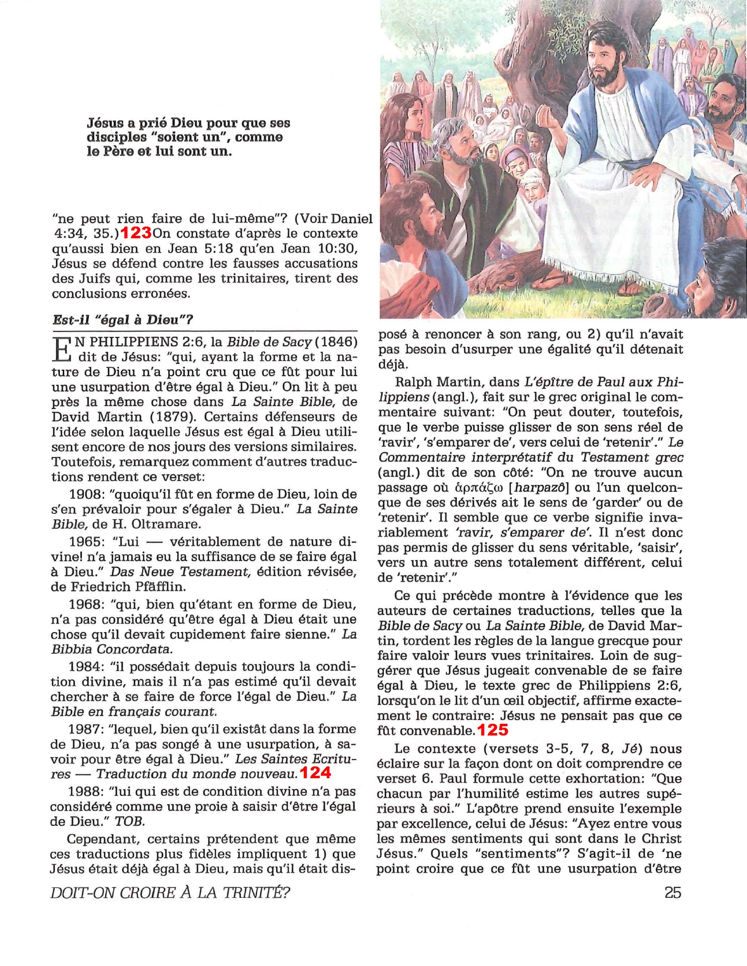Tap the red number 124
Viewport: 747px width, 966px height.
315,773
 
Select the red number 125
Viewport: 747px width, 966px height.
493,730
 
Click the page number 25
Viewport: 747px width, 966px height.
672,892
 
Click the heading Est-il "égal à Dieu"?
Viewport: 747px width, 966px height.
123,320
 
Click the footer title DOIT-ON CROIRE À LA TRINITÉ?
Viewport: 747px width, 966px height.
170,892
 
